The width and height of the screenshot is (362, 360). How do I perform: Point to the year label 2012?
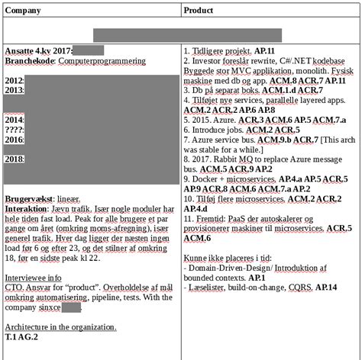click(14, 80)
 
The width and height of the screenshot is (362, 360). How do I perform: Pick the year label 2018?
click(14, 159)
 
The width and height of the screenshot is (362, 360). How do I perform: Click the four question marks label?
click(14, 130)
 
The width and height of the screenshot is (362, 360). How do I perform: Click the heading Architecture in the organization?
click(60, 326)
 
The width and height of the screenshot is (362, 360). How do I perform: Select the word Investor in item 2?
click(211, 60)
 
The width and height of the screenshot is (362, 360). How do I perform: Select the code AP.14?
click(326, 288)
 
